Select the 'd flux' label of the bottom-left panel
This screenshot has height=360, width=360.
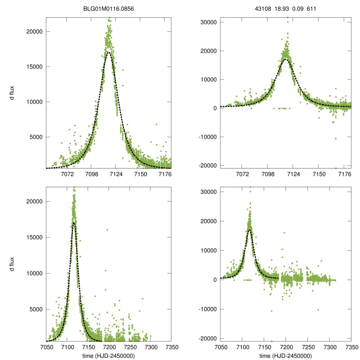tap(12, 264)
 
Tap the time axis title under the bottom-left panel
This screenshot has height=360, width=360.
tap(109, 356)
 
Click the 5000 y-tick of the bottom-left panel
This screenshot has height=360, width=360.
tap(37, 309)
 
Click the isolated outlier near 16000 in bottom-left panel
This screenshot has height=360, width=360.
tap(107, 230)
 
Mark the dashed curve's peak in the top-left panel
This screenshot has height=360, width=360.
tap(109, 52)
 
